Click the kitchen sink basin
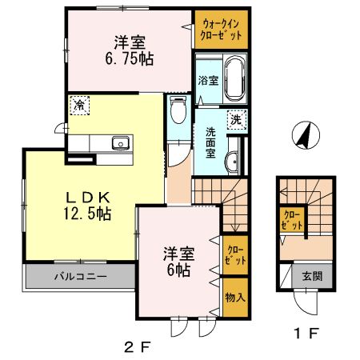pyautogui.click(x=121, y=144)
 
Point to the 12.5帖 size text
pyautogui.click(x=82, y=214)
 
